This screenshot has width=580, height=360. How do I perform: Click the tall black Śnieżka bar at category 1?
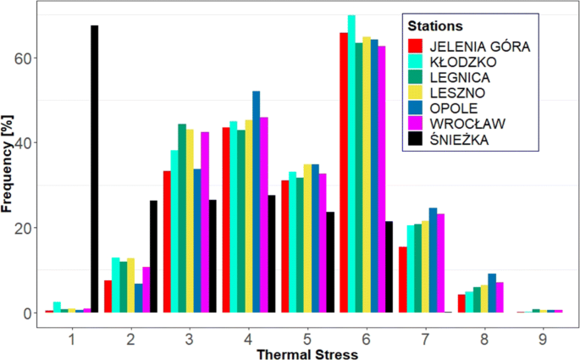coord(95,169)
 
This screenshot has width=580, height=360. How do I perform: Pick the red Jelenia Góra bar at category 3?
coord(168,241)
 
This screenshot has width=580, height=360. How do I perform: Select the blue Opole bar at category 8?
coord(492,293)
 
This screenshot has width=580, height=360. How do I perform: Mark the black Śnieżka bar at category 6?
coord(389,267)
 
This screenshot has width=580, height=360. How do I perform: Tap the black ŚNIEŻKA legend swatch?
coord(416,139)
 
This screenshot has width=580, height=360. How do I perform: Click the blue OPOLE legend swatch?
coord(416,108)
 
